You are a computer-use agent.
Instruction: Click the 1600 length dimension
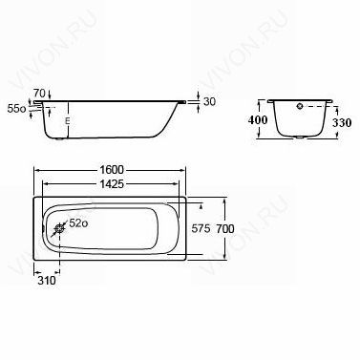point(112,170)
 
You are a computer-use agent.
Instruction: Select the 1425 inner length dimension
point(112,183)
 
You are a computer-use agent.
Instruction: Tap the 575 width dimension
point(201,228)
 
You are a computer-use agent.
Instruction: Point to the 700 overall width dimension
point(224,228)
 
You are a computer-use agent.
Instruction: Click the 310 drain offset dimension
point(47,281)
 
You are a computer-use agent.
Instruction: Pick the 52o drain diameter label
point(78,223)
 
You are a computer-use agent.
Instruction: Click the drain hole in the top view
point(59,228)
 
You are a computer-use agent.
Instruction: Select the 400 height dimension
point(258,120)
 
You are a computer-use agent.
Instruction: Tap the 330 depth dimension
point(342,122)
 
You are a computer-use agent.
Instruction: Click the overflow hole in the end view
point(300,106)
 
